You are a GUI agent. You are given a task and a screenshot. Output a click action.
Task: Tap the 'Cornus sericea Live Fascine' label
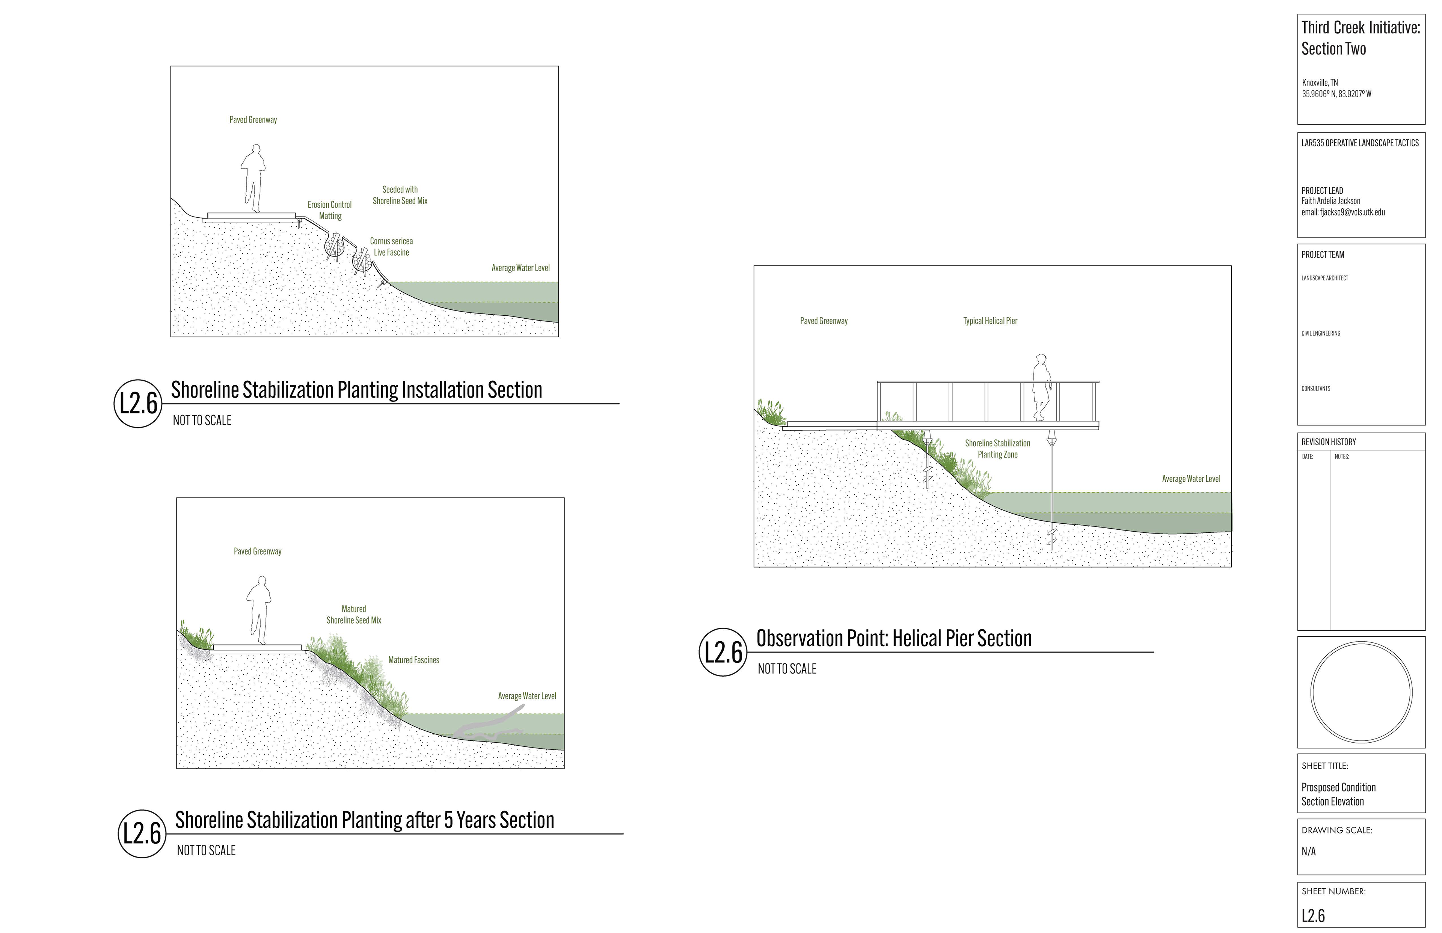[x=391, y=247]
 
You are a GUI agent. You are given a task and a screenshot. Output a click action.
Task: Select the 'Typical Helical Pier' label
[x=990, y=321]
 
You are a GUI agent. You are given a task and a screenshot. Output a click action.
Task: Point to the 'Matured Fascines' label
[x=414, y=660]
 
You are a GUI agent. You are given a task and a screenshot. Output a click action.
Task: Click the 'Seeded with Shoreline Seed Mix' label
[x=400, y=195]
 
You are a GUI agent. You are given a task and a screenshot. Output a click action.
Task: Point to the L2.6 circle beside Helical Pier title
[x=723, y=653]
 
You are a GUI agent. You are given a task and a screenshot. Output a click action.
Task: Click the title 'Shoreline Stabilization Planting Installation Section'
[x=356, y=390]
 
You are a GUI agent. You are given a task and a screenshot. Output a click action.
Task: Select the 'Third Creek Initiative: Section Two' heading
[x=1360, y=38]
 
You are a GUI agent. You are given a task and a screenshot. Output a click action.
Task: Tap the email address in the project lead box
[x=1342, y=212]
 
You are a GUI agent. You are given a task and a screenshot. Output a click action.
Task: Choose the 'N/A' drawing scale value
[x=1309, y=851]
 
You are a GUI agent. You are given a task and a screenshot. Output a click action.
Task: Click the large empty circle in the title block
[x=1361, y=692]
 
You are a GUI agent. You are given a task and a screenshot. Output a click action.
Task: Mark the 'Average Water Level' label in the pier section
[x=1190, y=479]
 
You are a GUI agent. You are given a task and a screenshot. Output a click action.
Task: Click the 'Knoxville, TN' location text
[x=1320, y=82]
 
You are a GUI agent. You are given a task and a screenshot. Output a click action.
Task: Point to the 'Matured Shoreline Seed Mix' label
[x=354, y=614]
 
